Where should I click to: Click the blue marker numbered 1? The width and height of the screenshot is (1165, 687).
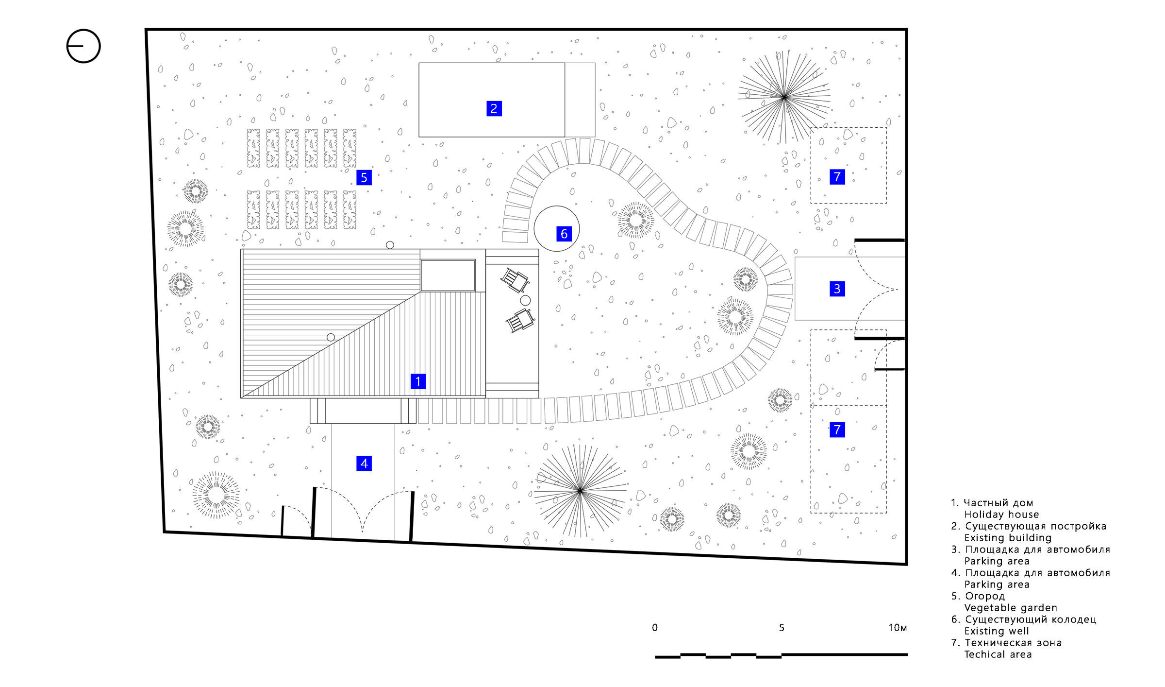click(418, 381)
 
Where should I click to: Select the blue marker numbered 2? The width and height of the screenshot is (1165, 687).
click(494, 108)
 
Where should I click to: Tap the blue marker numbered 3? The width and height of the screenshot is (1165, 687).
click(837, 289)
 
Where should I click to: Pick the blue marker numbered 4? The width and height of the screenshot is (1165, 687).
click(364, 464)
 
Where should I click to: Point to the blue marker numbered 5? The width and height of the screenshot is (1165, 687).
click(364, 177)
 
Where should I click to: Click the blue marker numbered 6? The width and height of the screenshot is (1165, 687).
click(564, 234)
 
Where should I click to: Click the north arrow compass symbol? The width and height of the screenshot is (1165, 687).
click(83, 46)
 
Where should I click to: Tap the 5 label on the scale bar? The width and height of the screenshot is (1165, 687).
click(782, 628)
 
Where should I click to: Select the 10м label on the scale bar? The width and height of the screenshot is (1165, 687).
click(898, 628)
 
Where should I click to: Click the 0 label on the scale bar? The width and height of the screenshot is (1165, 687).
click(655, 628)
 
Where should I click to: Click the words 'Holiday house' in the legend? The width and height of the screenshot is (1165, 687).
click(1001, 515)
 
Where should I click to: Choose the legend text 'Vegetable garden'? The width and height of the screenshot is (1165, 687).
click(1011, 608)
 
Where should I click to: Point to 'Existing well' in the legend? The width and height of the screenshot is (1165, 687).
click(997, 631)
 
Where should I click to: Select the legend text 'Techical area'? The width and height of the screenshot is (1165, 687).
click(998, 654)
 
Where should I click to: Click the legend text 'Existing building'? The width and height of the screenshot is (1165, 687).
click(1008, 538)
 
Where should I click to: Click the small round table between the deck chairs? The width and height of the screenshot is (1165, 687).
click(525, 301)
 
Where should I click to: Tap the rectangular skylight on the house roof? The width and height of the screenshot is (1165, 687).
click(448, 275)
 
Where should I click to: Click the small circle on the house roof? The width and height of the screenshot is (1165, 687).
click(331, 337)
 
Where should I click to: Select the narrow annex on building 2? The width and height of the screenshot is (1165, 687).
click(580, 100)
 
